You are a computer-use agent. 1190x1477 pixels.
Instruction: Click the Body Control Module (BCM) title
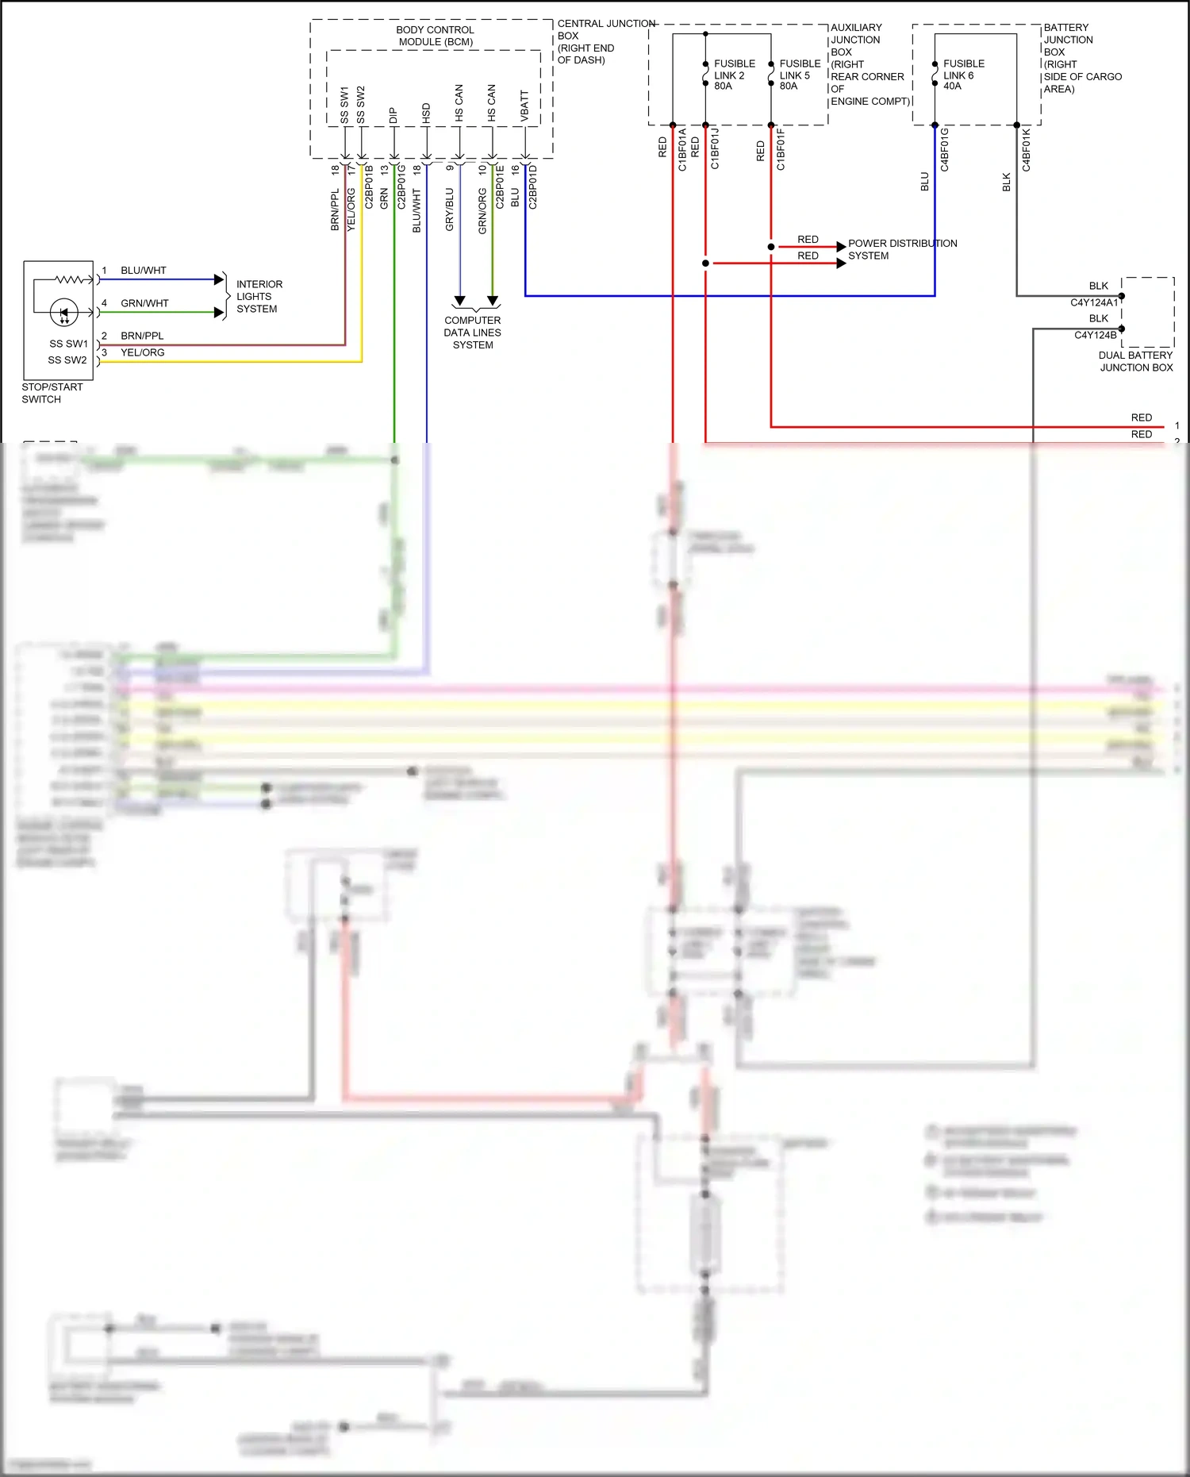click(x=436, y=36)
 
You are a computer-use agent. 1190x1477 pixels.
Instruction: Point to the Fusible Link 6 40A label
click(x=963, y=75)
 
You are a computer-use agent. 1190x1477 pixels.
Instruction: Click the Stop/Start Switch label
click(x=52, y=393)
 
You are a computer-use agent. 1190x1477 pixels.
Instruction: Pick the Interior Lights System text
click(x=259, y=296)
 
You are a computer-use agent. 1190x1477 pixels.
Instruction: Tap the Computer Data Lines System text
click(x=473, y=333)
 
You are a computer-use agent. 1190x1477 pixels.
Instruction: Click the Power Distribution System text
click(x=901, y=249)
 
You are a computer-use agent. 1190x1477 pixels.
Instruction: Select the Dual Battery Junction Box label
click(x=1135, y=361)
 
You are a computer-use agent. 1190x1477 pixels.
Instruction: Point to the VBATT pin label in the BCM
click(x=524, y=106)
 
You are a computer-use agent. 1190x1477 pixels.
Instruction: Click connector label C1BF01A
click(x=682, y=150)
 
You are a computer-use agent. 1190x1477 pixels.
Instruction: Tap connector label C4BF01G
click(x=944, y=150)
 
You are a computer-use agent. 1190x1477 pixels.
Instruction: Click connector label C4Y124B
click(x=1095, y=335)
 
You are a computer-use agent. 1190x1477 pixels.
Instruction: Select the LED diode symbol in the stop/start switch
click(x=64, y=312)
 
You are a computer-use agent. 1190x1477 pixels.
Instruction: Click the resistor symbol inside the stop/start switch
click(x=70, y=279)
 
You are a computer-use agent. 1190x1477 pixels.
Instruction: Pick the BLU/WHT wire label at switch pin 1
click(x=144, y=271)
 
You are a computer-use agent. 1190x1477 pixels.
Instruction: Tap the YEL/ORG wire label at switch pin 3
click(x=143, y=352)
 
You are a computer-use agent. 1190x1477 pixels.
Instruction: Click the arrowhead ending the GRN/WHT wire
click(x=220, y=312)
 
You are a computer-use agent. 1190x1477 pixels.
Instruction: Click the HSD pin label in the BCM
click(x=426, y=112)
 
